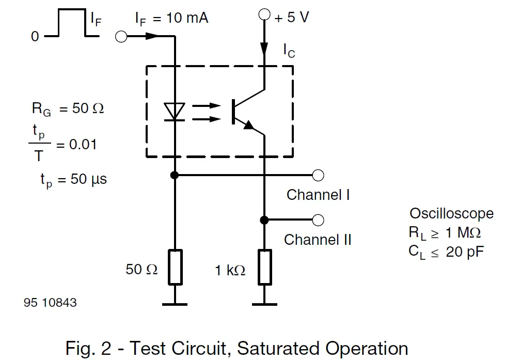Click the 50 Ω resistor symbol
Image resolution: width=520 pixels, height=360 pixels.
point(176,267)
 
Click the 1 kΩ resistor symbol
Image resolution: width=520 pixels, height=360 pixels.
point(264,267)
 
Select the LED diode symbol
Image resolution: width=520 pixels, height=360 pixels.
point(175,112)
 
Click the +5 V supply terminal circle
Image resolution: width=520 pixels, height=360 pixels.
point(264,15)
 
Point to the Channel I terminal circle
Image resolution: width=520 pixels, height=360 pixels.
point(319,176)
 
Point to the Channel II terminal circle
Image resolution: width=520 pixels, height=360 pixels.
point(319,221)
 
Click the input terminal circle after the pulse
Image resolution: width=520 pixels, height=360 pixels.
point(121,37)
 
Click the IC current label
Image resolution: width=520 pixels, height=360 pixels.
point(289,50)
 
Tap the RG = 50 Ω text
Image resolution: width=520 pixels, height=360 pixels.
point(67,109)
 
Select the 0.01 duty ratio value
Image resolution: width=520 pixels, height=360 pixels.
point(83,144)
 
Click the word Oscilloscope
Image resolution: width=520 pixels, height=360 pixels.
point(451,213)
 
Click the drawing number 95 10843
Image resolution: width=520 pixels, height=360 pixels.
point(50,303)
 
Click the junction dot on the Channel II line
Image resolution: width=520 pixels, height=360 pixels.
point(264,221)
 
